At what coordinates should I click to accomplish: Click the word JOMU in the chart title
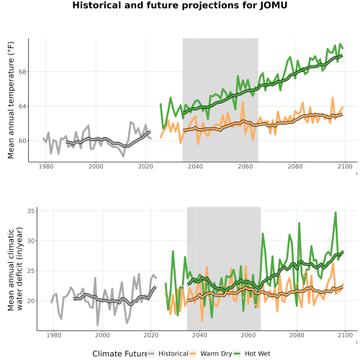click(x=274, y=5)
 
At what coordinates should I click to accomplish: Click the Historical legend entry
click(x=168, y=354)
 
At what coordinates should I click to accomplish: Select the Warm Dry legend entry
click(x=211, y=354)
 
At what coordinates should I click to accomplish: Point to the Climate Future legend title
click(x=120, y=354)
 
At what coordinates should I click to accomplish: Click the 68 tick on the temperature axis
click(x=22, y=72)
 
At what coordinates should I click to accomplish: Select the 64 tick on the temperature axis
click(x=22, y=107)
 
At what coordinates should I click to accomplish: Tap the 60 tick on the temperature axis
click(x=22, y=141)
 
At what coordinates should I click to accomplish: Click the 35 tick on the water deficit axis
click(x=31, y=211)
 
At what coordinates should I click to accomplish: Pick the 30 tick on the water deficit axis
click(x=31, y=240)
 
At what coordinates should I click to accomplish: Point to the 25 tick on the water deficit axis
click(x=31, y=271)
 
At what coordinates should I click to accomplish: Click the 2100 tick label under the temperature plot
click(x=345, y=166)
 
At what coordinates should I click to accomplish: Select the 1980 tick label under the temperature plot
click(x=46, y=166)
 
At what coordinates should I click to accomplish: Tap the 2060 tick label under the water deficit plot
click(x=248, y=335)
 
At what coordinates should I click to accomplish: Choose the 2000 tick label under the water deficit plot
click(x=102, y=335)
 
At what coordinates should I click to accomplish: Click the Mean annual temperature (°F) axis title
click(x=11, y=100)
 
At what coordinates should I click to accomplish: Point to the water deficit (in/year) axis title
click(x=19, y=269)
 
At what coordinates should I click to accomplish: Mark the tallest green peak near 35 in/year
click(x=336, y=212)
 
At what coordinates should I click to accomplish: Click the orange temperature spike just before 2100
click(x=333, y=97)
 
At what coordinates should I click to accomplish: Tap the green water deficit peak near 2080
click(x=299, y=223)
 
